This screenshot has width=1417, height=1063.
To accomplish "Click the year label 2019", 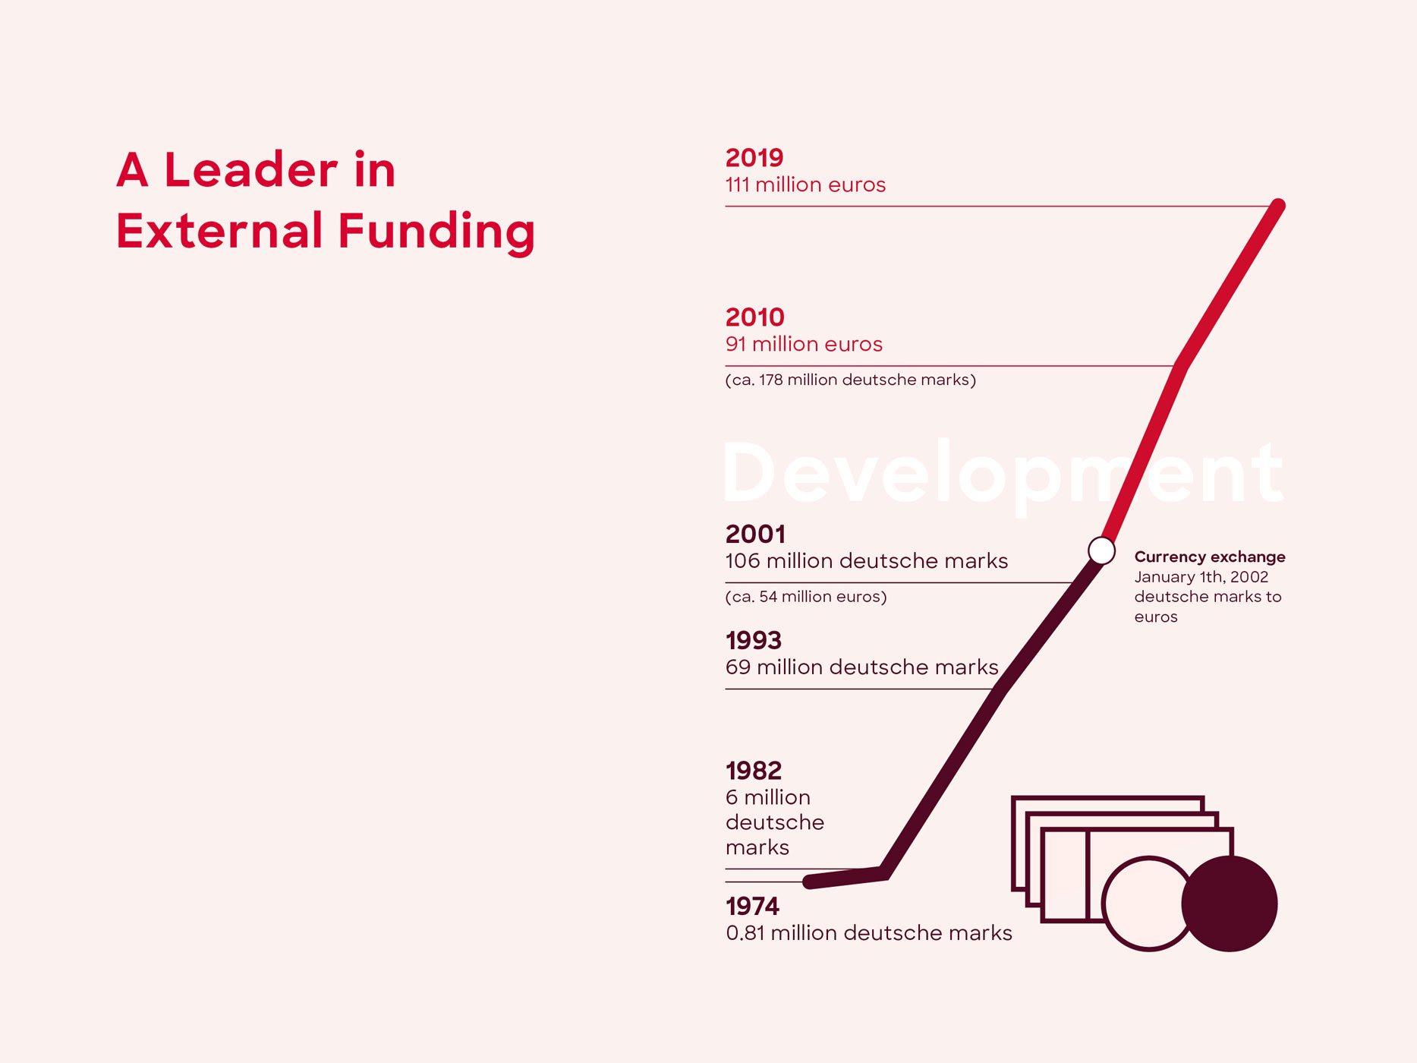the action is pos(754,158).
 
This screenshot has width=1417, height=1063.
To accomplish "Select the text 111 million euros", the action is pos(805,185).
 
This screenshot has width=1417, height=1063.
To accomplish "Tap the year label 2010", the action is pos(754,317).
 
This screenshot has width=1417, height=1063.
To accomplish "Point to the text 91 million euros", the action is pos(804,344).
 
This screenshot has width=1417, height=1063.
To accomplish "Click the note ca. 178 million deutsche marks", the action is pos(851,380).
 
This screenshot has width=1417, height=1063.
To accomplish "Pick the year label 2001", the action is pos(755,535).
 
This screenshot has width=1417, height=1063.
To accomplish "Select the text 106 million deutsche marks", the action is pos(867,561).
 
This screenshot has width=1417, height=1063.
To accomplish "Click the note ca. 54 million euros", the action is pos(806,597).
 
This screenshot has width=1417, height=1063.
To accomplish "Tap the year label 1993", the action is pos(754,641).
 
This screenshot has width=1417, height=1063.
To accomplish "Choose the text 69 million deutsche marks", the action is pos(862,667).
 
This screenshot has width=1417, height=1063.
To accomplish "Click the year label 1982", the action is pos(754,771).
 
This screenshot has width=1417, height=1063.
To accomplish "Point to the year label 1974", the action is pos(752,907).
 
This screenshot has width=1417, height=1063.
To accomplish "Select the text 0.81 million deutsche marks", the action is pos(869,933).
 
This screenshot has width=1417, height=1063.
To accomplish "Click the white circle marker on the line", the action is pos(1101,550).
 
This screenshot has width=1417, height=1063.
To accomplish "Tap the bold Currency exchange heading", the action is pos(1210,557).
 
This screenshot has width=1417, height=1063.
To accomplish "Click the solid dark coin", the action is pos(1230,904).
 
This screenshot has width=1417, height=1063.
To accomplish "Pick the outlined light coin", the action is pos(1105,904).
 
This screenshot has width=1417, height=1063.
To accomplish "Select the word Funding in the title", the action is pos(436,231).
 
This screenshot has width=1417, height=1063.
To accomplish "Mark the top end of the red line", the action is pos(1278,206).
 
